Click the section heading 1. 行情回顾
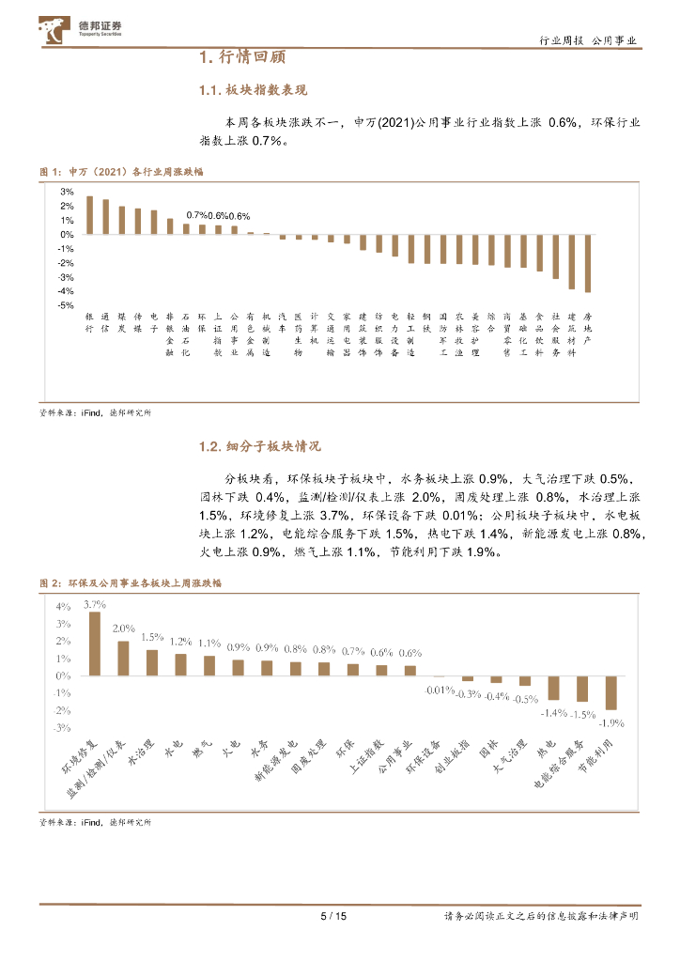click(242, 58)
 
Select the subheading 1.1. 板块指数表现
click(253, 90)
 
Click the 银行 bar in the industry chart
click(89, 215)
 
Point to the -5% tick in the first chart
click(67, 305)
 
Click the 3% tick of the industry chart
click(67, 192)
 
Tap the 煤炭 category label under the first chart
click(122, 323)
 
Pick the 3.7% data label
click(94, 604)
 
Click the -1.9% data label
click(612, 722)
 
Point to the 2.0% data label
click(123, 628)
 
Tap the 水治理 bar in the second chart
click(152, 662)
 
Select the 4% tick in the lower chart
click(64, 606)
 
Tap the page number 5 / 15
click(334, 917)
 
